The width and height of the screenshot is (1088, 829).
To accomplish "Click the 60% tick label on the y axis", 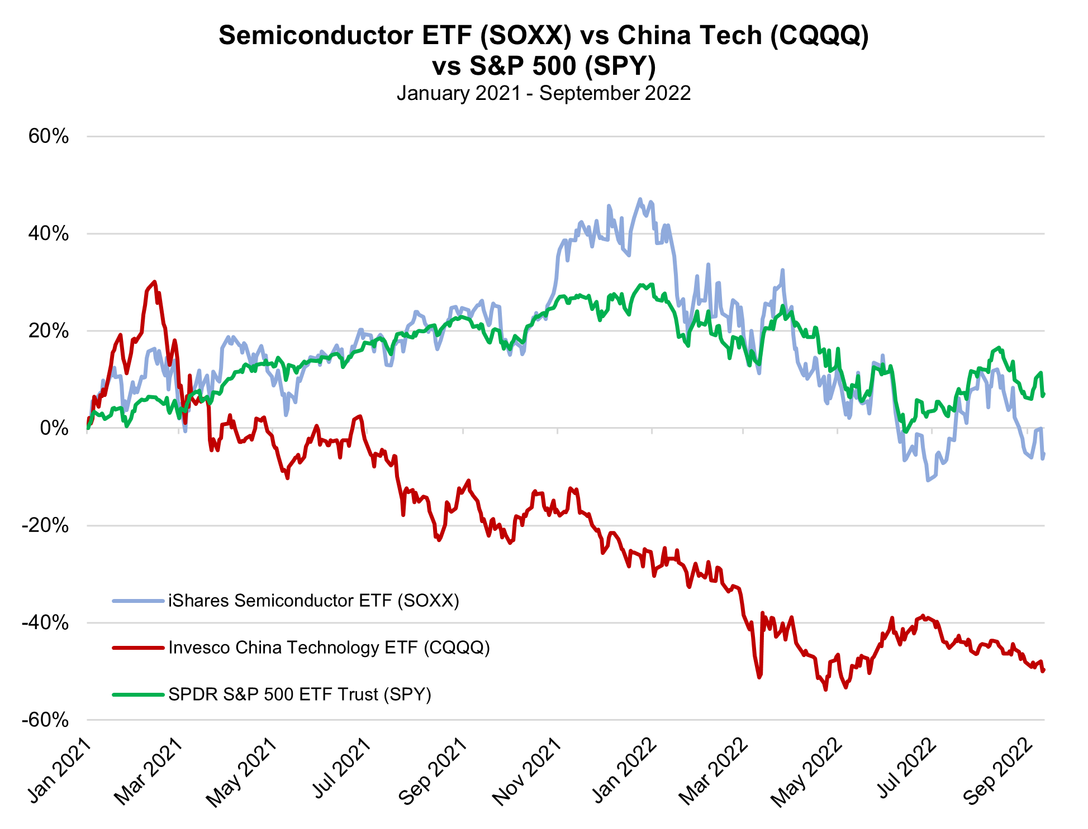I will point(49,136).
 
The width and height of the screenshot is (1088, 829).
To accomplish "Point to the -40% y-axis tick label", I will point(45,622).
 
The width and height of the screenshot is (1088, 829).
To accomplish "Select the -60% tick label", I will point(45,720).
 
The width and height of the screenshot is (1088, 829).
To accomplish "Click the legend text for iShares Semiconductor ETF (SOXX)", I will point(313,601).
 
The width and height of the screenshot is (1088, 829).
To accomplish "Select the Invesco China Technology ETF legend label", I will point(329,648).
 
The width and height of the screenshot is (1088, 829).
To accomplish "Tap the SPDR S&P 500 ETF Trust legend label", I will point(300,694).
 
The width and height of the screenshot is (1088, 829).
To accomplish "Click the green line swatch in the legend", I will point(139,694).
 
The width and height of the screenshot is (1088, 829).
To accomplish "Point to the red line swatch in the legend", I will point(139,648).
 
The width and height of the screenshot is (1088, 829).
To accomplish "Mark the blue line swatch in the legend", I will point(139,601).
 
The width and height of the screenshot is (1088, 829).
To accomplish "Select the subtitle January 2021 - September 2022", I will point(544,93).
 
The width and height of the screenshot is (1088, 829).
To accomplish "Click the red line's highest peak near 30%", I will point(154,282).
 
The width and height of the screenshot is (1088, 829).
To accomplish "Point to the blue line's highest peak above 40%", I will point(640,199).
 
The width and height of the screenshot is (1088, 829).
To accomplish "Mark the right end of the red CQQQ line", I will point(1044,670).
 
